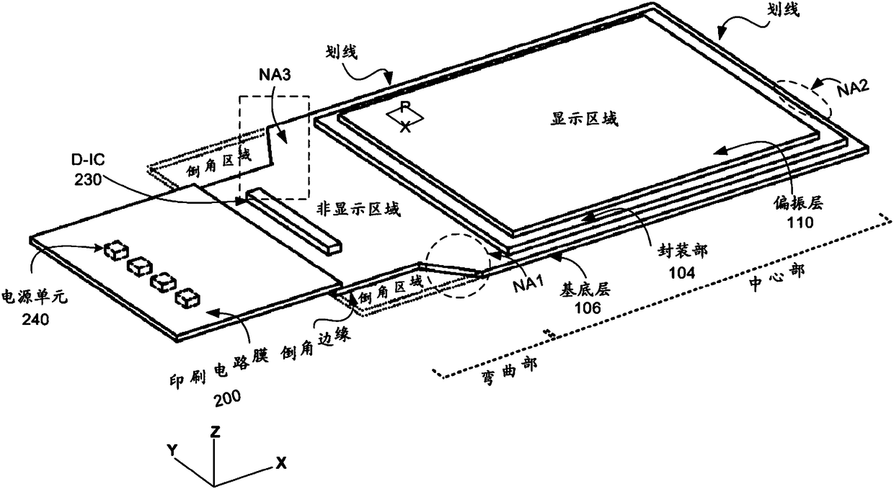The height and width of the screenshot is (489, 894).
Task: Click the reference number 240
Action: coord(35,320)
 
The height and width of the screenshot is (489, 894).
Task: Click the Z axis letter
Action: coord(215,431)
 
